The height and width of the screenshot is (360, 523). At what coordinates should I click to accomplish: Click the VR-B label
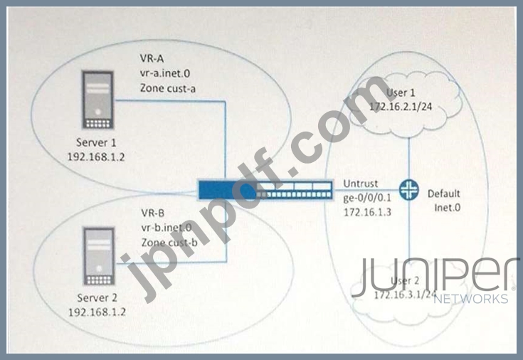pyautogui.click(x=154, y=212)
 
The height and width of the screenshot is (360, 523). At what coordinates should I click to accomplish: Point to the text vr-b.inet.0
pyautogui.click(x=167, y=228)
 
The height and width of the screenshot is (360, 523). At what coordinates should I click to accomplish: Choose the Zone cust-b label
pyautogui.click(x=169, y=243)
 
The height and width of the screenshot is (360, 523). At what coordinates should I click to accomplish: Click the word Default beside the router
pyautogui.click(x=444, y=194)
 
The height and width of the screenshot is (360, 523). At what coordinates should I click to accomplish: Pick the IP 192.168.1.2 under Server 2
pyautogui.click(x=97, y=312)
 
